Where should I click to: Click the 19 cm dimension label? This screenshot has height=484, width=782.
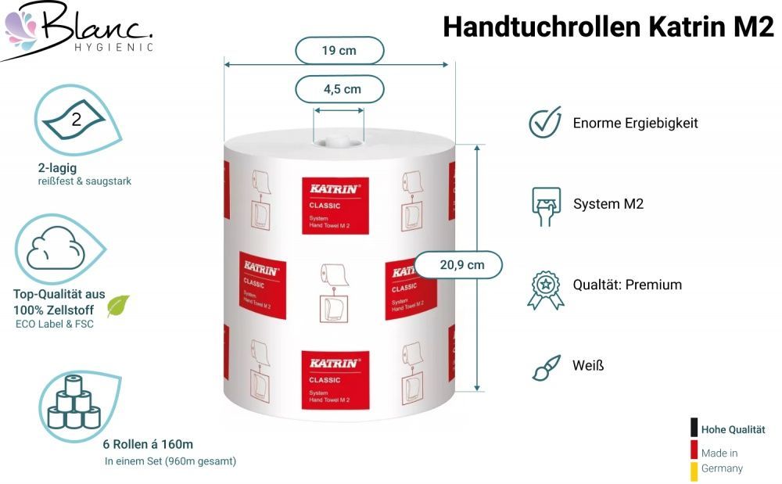pos(339,50)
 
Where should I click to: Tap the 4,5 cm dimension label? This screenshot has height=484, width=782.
pos(342,89)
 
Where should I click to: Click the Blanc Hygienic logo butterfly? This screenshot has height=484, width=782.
pos(20,28)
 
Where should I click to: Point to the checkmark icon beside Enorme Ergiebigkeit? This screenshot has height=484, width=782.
pos(545,122)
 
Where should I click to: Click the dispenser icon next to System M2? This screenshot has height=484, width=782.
pos(546,206)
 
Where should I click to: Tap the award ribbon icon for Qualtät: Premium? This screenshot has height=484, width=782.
pos(546,290)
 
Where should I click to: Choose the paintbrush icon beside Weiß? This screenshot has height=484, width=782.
pos(546,367)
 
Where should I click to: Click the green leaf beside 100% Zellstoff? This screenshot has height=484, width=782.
pos(118,306)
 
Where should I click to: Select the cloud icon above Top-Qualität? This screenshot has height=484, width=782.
pos(55,249)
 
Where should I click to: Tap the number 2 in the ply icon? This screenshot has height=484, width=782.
pos(77,120)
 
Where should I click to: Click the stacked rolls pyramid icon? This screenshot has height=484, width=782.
pos(74,402)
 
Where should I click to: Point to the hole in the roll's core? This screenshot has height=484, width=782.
pos(339,143)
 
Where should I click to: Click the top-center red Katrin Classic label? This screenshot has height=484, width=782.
pos(335,206)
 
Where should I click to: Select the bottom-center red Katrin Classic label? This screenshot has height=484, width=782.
pos(335,380)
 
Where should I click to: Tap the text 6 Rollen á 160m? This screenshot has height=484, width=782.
pos(148,444)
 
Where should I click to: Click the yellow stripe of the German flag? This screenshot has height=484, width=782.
pos(694,471)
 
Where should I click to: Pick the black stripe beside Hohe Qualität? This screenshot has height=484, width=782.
pos(694,427)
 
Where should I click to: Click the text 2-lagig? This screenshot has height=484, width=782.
pos(57,168)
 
